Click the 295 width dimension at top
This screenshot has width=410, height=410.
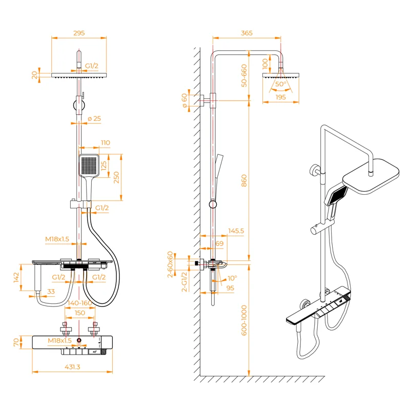coord(78,33)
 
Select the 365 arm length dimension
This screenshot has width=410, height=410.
coord(247,33)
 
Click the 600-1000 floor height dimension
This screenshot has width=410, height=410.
coord(244,320)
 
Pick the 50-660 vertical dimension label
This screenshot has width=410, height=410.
coord(244,75)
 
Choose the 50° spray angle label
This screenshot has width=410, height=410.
coord(280,84)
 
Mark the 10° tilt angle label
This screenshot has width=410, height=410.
coord(232,278)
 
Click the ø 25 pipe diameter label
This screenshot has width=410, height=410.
coord(94,119)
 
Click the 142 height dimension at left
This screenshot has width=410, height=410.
coord(16,277)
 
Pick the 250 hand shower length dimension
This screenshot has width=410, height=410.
coord(116,177)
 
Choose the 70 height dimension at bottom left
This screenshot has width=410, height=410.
coord(16,341)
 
